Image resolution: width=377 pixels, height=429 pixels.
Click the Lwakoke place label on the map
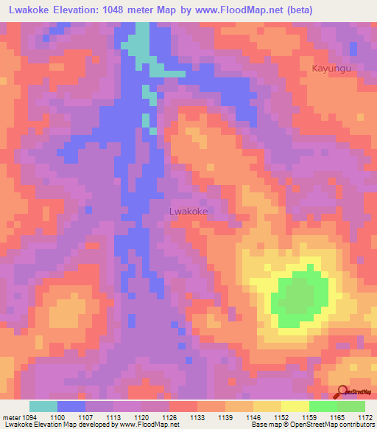[188, 212]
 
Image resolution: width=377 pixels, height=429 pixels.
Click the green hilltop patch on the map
[298, 297]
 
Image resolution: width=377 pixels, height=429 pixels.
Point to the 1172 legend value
[366, 417]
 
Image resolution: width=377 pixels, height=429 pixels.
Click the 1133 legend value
[197, 417]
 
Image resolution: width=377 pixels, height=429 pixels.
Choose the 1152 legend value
[282, 417]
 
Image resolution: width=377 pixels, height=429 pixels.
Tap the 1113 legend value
[113, 417]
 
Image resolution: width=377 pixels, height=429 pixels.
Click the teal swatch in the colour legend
[43, 406]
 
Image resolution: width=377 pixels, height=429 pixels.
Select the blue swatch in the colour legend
[71, 406]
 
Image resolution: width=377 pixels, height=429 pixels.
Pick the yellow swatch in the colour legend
[295, 406]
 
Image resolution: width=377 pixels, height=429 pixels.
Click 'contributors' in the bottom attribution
[356, 425]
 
